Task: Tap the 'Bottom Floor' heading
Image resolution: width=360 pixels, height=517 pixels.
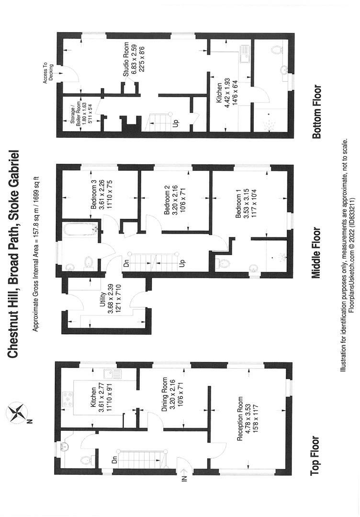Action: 316,112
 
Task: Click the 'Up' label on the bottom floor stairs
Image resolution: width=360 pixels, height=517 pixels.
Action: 176,123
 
